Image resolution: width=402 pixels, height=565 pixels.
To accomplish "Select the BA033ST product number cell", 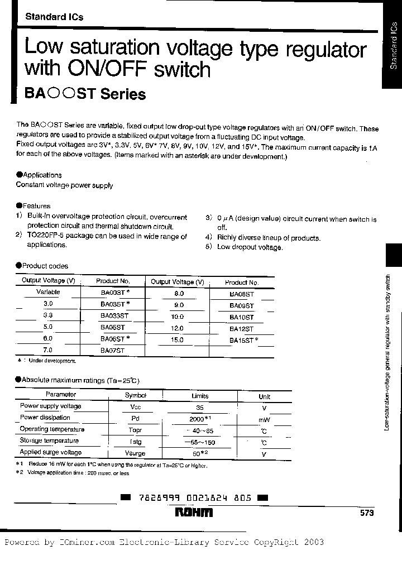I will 114,315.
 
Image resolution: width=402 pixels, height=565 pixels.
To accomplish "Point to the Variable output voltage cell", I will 48,292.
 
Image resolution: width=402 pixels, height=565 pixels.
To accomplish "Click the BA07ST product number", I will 113,350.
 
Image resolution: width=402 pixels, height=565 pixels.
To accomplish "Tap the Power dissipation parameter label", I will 45,418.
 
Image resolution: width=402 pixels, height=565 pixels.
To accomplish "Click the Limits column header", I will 200,395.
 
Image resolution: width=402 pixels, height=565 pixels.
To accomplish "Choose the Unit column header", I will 264,396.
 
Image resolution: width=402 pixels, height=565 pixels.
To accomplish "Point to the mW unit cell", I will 264,419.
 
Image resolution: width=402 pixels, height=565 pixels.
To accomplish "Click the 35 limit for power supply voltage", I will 200,408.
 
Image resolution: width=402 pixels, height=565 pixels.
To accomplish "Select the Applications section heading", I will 39,175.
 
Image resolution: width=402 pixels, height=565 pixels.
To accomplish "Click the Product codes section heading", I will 42,266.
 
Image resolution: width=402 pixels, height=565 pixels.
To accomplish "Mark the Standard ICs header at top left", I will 54,17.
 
